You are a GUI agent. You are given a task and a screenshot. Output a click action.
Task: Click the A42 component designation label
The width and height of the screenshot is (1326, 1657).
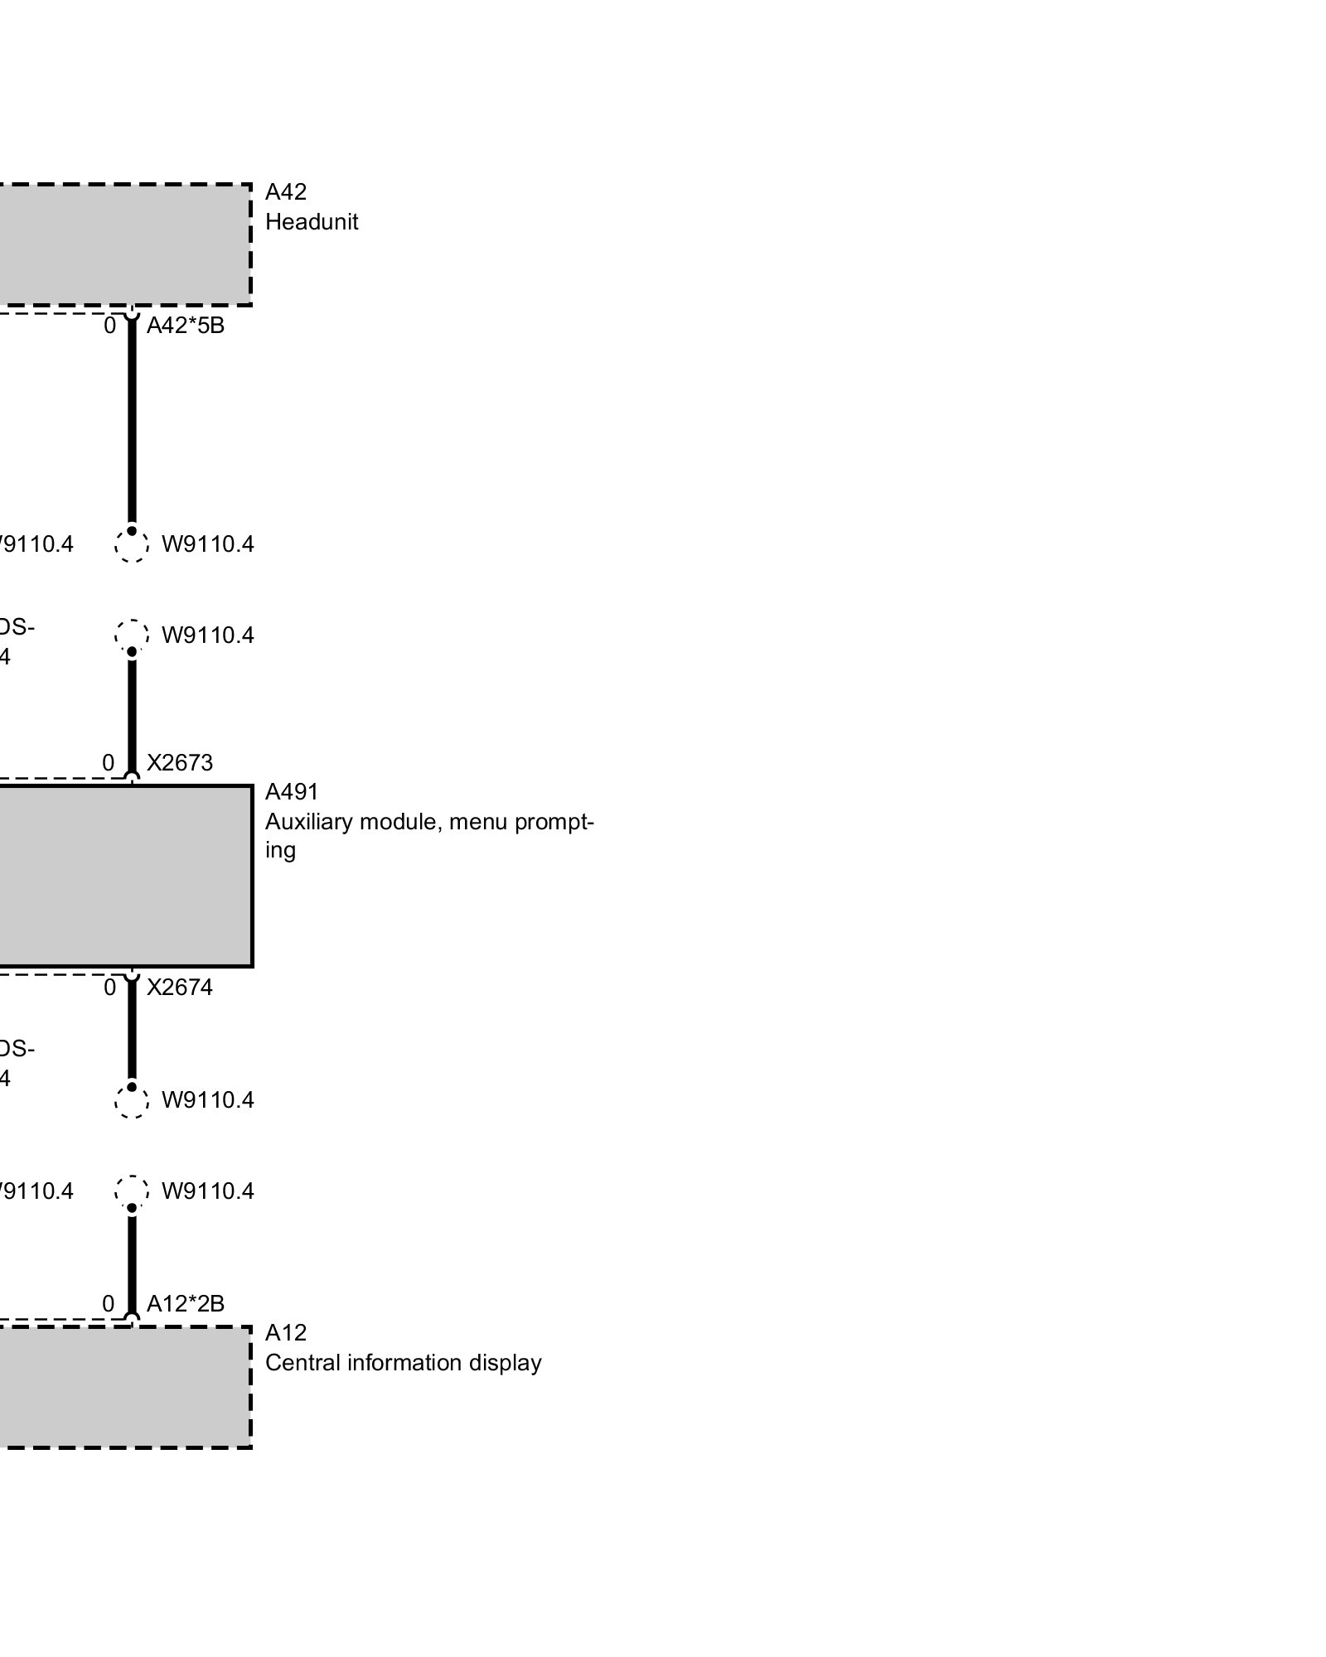tap(286, 192)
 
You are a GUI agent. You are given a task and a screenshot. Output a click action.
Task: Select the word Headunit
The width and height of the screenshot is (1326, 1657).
tap(312, 222)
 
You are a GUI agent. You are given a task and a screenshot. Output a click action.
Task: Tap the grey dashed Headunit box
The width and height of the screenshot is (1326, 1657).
tap(124, 244)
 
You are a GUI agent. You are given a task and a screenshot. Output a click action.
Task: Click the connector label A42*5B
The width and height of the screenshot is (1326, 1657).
tap(186, 326)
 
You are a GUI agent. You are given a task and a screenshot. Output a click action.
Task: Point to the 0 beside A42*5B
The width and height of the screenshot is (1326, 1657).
tap(109, 326)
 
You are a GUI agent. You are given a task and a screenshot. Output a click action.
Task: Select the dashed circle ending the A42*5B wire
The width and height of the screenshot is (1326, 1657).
tap(132, 546)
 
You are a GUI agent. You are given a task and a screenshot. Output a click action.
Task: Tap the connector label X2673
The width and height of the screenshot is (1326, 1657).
tap(180, 763)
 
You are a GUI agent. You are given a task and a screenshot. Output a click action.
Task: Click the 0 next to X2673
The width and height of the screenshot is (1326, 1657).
tap(109, 763)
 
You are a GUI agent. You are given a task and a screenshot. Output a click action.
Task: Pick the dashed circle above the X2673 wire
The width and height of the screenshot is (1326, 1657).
tap(132, 635)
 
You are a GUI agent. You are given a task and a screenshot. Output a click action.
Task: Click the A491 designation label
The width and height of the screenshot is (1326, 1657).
tap(292, 793)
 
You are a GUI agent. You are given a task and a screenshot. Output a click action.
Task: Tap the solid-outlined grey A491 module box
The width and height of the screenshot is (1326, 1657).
tap(124, 876)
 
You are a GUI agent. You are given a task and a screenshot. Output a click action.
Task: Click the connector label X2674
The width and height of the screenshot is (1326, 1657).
tap(180, 988)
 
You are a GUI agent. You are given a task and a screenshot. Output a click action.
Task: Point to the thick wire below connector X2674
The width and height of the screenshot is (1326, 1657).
tap(132, 1031)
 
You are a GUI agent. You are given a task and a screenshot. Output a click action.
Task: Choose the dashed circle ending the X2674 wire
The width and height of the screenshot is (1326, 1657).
tap(132, 1102)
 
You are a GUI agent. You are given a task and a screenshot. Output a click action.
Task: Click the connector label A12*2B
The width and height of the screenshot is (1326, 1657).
tap(186, 1304)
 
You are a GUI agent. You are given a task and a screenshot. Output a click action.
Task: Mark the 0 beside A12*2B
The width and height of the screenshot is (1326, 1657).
tap(109, 1304)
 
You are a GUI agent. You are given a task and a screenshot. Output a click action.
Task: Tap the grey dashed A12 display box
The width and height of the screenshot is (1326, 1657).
tap(124, 1388)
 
